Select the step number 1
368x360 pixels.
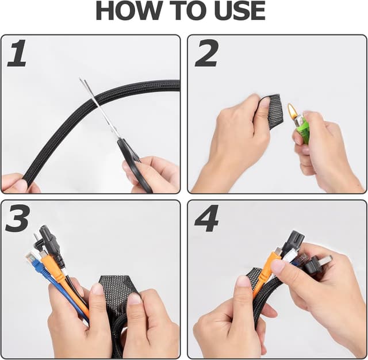tap(17, 53)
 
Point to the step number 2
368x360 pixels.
tap(206, 53)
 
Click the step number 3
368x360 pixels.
tap(17, 219)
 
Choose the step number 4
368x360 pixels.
tap(206, 219)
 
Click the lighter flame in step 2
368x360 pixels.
tap(292, 110)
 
